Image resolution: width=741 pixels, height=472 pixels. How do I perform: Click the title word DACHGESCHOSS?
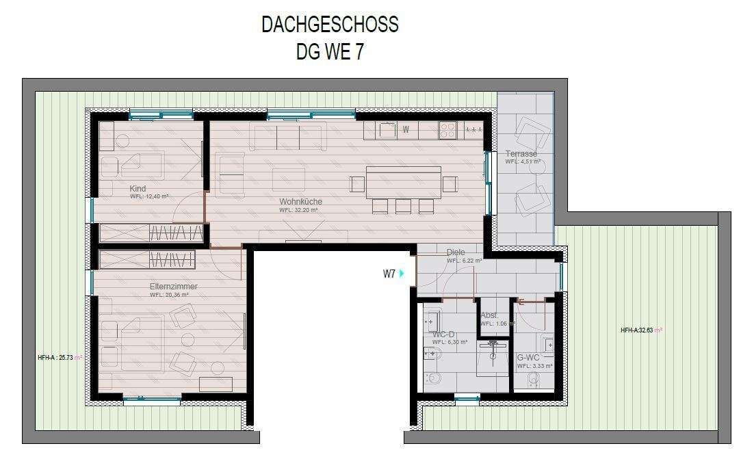330,25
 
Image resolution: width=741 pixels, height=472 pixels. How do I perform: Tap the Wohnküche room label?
300,202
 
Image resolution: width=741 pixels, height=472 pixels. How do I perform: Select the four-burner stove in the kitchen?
447,128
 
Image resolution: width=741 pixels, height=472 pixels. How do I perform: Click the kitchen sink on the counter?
387,129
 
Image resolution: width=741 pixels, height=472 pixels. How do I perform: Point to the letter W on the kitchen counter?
406,129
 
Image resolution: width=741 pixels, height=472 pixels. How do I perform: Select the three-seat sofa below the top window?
287,136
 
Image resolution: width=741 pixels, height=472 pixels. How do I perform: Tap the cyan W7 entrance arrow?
402,274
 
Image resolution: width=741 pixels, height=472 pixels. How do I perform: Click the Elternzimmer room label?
174,287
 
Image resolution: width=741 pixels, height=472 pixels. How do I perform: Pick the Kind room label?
138,189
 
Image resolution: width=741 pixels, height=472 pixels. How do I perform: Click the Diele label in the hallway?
456,252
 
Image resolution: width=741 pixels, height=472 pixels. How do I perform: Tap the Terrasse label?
521,154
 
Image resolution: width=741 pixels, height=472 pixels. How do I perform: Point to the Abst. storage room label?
489,315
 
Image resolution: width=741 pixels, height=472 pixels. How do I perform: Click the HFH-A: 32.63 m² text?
641,330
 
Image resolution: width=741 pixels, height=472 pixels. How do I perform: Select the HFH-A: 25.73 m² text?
60,357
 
